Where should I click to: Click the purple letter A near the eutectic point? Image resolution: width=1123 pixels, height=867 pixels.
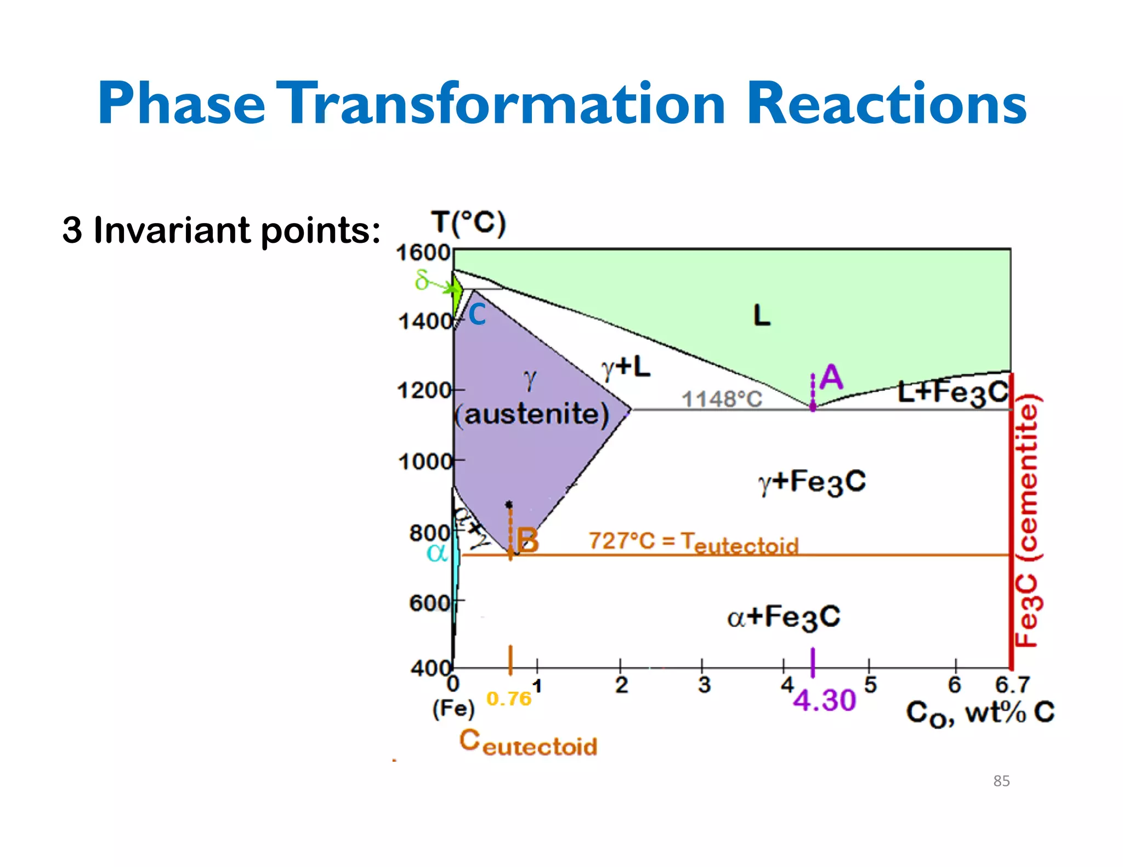click(x=831, y=378)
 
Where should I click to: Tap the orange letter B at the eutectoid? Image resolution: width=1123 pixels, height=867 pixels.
click(x=528, y=540)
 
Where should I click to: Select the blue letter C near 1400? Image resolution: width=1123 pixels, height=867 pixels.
click(x=477, y=315)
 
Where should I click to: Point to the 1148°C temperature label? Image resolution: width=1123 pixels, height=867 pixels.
click(x=722, y=399)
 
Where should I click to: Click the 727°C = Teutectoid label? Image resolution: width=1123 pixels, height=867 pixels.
click(x=693, y=543)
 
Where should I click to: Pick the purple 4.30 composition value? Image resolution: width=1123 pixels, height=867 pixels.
click(x=824, y=700)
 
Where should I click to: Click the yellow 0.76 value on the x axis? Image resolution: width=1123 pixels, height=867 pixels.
click(x=509, y=699)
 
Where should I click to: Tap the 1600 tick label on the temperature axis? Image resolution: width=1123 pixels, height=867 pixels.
click(x=423, y=253)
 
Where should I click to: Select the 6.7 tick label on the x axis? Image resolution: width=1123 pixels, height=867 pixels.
click(x=1012, y=685)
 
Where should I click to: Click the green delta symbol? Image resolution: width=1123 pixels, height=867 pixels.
click(x=421, y=281)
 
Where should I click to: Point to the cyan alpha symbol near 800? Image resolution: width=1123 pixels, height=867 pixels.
click(x=437, y=552)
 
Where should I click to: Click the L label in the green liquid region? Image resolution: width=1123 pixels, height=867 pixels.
click(x=762, y=316)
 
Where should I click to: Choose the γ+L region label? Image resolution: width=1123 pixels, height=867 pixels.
click(x=626, y=368)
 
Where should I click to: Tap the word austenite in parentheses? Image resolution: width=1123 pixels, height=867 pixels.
click(x=536, y=414)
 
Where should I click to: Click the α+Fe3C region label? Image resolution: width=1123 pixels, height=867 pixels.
click(x=784, y=617)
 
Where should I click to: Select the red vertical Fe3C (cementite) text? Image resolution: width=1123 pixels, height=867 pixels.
click(x=1027, y=521)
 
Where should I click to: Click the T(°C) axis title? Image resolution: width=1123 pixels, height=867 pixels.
click(x=468, y=224)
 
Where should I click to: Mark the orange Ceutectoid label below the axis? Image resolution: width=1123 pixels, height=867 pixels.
click(x=528, y=743)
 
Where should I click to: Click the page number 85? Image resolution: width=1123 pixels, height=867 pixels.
click(x=1001, y=781)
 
